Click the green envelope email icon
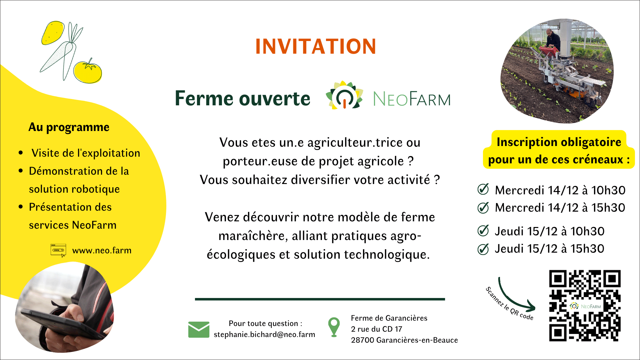pyautogui.click(x=199, y=329)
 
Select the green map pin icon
pyautogui.click(x=334, y=327)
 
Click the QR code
pyautogui.click(x=585, y=305)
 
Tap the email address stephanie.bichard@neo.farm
pyautogui.click(x=264, y=334)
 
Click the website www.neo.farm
pyautogui.click(x=102, y=250)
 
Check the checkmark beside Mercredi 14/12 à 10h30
pyautogui.click(x=483, y=189)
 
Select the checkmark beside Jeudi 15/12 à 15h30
pyautogui.click(x=483, y=249)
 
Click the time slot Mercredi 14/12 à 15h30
pyautogui.click(x=560, y=207)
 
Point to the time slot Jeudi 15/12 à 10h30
pyautogui.click(x=549, y=231)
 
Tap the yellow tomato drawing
pyautogui.click(x=87, y=71)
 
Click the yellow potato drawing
pyautogui.click(x=53, y=32)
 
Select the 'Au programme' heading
pyautogui.click(x=69, y=127)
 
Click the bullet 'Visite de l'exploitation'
pyautogui.click(x=86, y=153)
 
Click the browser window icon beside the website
pyautogui.click(x=58, y=250)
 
